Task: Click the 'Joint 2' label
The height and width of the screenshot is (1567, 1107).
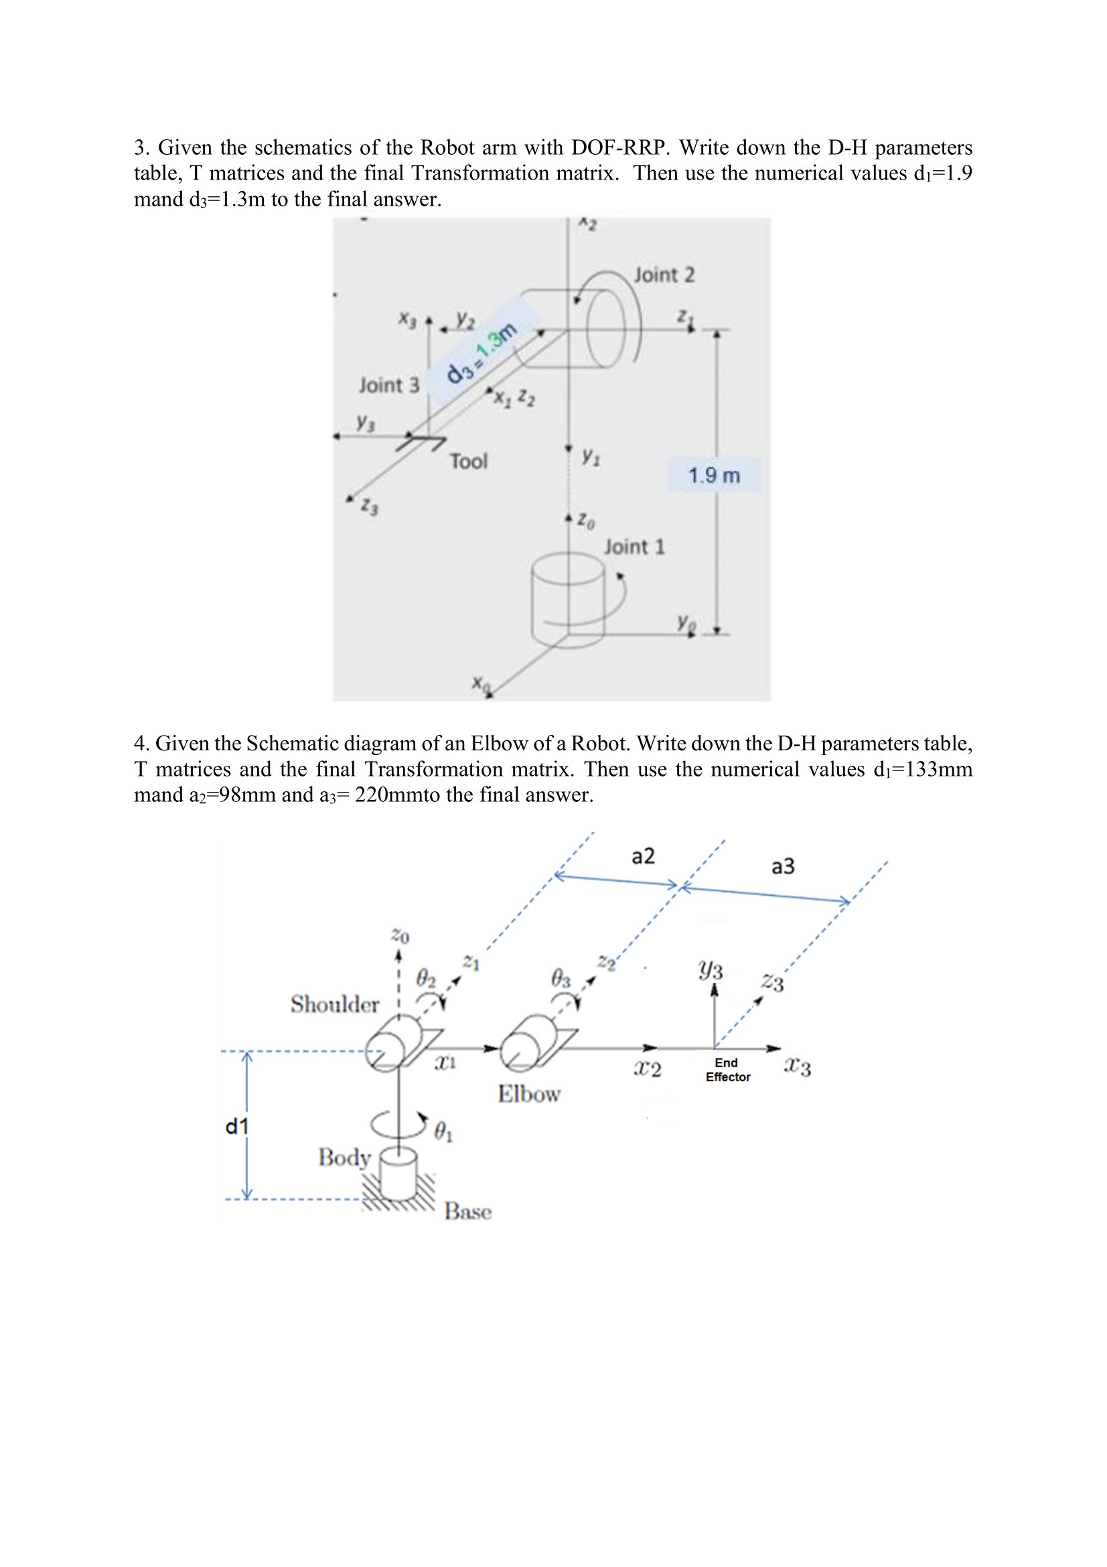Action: (664, 275)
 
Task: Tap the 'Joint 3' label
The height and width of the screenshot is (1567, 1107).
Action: (389, 386)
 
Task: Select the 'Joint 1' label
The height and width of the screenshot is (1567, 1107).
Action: (634, 547)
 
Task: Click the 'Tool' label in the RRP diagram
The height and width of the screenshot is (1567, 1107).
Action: (468, 462)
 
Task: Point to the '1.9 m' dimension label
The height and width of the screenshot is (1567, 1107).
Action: (713, 475)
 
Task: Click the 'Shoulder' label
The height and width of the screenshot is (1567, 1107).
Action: (334, 1004)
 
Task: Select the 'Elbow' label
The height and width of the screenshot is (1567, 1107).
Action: (528, 1094)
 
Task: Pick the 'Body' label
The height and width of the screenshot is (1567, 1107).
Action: (344, 1157)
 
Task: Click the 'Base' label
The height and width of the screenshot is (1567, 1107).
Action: (468, 1211)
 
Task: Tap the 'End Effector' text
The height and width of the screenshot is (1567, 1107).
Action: (727, 1069)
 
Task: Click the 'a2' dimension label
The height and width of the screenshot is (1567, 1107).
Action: (642, 856)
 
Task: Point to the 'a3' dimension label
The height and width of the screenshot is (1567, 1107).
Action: (782, 867)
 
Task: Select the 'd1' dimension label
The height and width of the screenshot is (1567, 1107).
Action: (236, 1127)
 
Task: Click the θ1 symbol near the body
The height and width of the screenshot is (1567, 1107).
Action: (443, 1134)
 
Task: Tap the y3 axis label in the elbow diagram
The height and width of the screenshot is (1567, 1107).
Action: (710, 969)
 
